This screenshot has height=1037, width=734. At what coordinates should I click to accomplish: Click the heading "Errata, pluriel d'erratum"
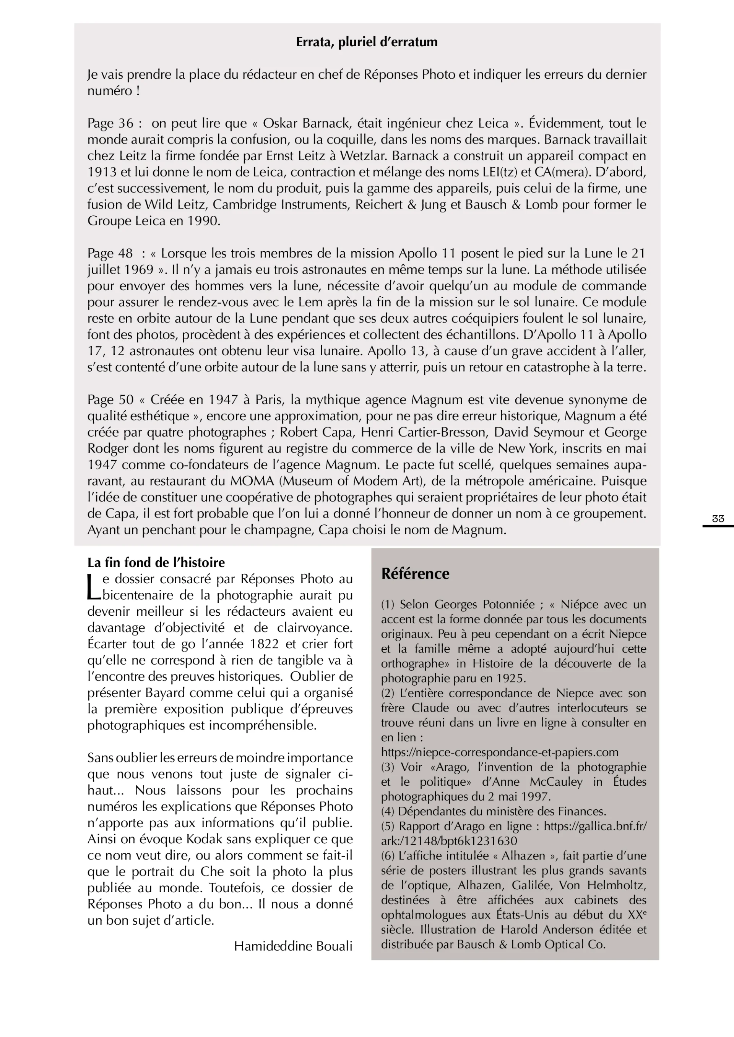pyautogui.click(x=367, y=42)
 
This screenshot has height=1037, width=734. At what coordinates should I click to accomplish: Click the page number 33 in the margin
pyautogui.click(x=718, y=519)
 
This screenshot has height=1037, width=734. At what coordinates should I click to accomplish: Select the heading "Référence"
pyautogui.click(x=415, y=574)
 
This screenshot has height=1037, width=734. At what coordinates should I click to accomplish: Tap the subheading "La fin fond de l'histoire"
pyautogui.click(x=156, y=562)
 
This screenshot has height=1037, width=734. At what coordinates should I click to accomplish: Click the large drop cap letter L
pyautogui.click(x=94, y=587)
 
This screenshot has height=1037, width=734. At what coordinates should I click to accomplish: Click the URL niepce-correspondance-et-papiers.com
pyautogui.click(x=499, y=752)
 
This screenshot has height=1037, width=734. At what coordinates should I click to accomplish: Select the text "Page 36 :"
pyautogui.click(x=115, y=123)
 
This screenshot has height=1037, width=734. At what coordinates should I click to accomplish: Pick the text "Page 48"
pyautogui.click(x=110, y=253)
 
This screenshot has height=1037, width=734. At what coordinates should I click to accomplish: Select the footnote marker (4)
pyautogui.click(x=387, y=811)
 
